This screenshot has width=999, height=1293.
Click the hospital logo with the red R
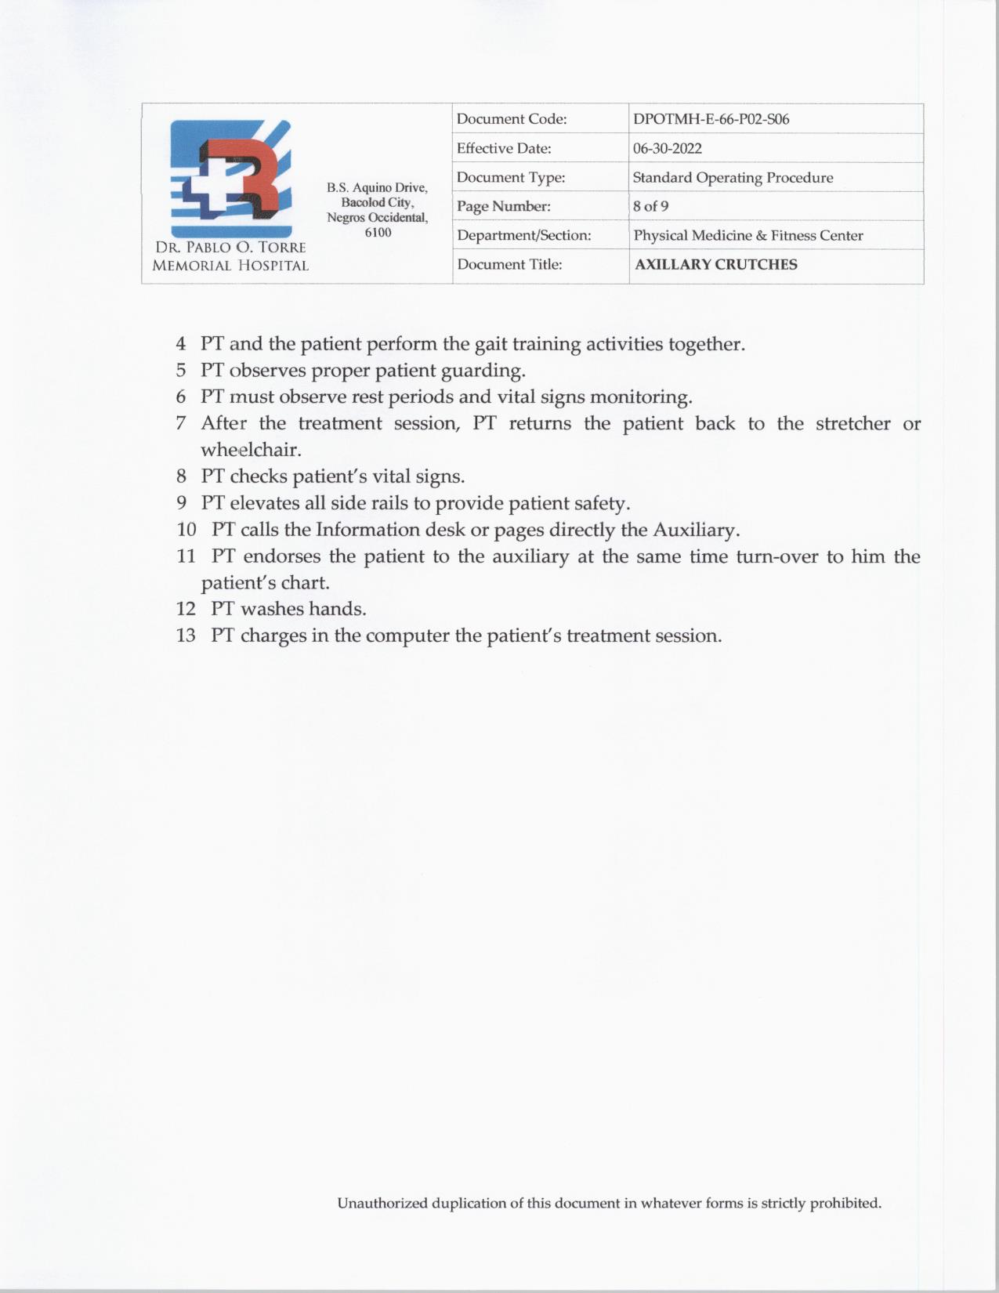230,178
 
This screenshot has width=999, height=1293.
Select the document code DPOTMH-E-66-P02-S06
711,120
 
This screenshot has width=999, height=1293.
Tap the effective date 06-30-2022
667,149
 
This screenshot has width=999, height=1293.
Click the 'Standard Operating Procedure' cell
733,178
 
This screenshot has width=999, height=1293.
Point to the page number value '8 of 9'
650,207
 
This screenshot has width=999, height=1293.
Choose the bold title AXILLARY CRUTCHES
716,265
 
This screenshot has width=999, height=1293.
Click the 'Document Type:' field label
511,178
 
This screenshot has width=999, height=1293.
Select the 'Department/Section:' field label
523,236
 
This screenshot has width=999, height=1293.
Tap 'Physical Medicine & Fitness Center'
748,236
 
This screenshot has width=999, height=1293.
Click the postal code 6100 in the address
378,233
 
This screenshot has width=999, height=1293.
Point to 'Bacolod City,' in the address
377,203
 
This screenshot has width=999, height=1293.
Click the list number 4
181,344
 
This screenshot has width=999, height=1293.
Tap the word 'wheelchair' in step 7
250,451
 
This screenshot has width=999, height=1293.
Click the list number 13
186,636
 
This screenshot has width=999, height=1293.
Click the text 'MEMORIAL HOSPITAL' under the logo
230,266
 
